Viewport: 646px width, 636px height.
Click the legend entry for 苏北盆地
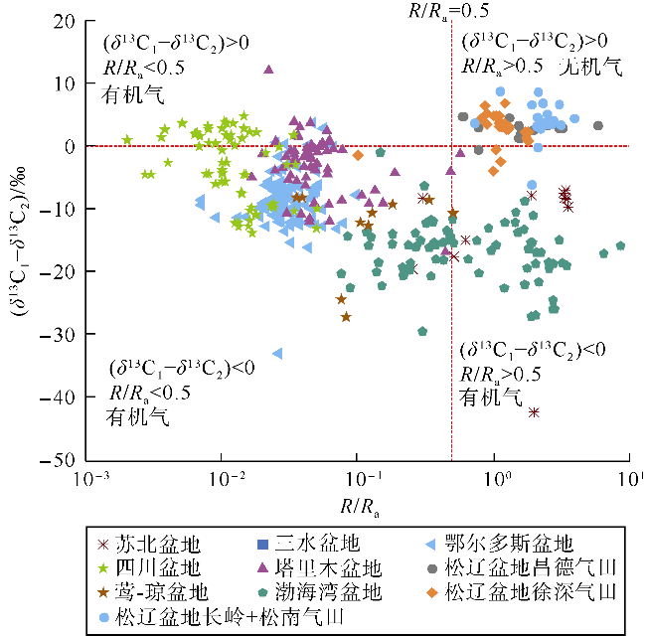point(159,544)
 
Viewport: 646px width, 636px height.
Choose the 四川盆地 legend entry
point(159,568)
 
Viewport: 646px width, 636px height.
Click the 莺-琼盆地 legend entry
point(159,592)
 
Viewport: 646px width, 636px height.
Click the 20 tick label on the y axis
point(66,21)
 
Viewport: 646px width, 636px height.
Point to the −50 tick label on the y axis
point(61,460)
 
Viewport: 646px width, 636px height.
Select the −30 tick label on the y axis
point(61,335)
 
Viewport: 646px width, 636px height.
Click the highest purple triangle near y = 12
point(268,70)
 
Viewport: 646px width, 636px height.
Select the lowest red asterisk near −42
point(535,411)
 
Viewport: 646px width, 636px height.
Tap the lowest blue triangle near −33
point(278,353)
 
